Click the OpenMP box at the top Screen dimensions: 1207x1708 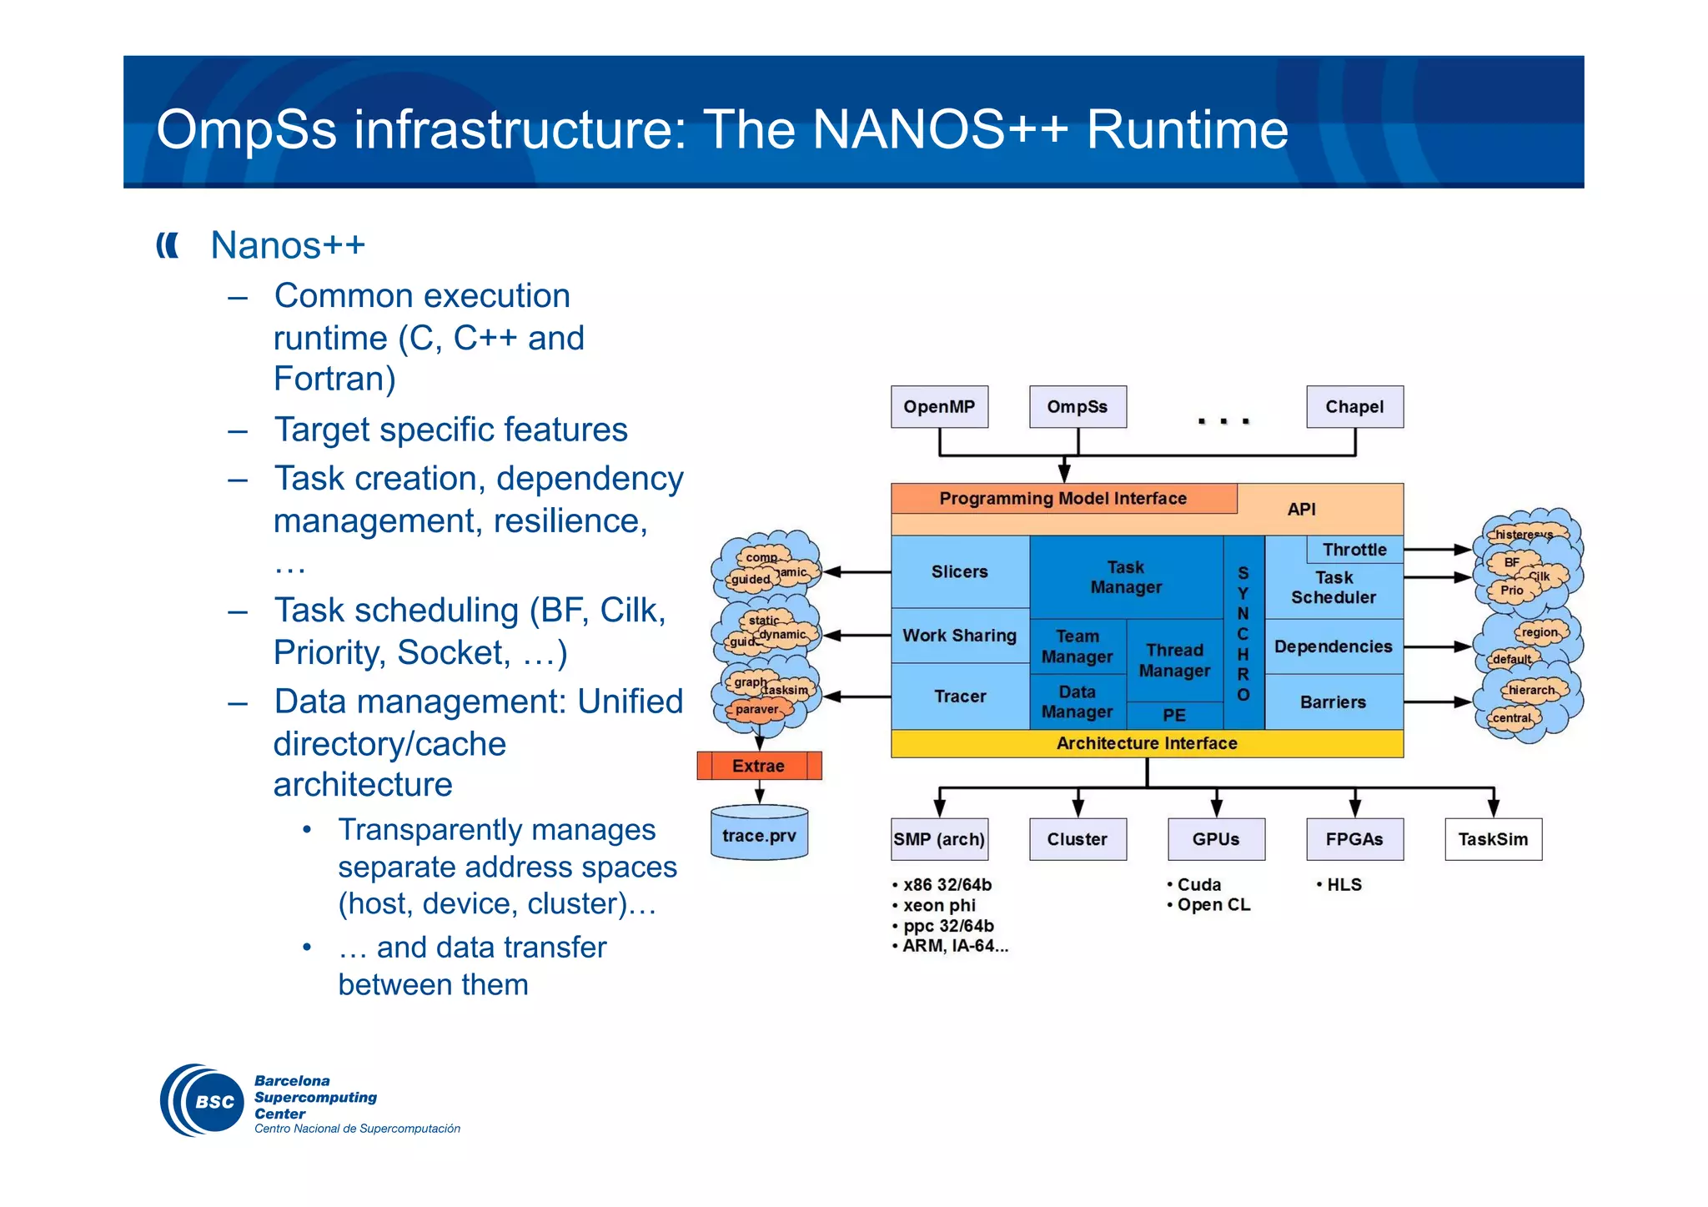point(939,407)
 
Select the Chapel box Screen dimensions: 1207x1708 point(1354,407)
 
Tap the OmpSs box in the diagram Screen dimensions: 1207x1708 point(1078,407)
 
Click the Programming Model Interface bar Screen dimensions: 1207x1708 point(1062,499)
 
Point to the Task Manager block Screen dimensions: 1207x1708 point(1126,577)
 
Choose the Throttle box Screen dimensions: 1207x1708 point(1354,550)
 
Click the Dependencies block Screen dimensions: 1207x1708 point(1333,646)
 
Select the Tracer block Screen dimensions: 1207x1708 point(960,697)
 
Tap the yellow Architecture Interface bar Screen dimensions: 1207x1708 point(1147,743)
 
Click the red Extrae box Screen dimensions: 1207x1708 point(758,766)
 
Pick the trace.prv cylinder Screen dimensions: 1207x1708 point(759,835)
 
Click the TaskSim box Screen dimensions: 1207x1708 point(1493,839)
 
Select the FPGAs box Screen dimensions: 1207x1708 point(1354,839)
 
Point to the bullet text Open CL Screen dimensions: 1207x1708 point(1213,905)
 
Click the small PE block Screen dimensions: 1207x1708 point(1174,715)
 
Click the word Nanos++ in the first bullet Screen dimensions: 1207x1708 point(288,245)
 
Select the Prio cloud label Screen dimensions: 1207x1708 point(1512,591)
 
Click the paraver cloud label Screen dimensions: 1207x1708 point(756,710)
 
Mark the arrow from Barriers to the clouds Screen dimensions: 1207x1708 point(1437,702)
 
